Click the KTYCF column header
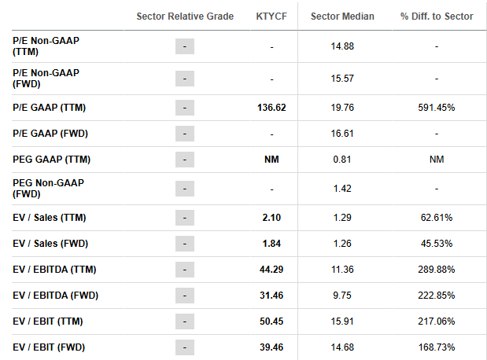pyautogui.click(x=271, y=17)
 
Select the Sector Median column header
pyautogui.click(x=342, y=17)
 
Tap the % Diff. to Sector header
pyautogui.click(x=437, y=17)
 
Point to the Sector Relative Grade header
pyautogui.click(x=185, y=17)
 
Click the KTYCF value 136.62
pyautogui.click(x=271, y=108)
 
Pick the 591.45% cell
pyautogui.click(x=437, y=108)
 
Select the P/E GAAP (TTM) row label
pyautogui.click(x=49, y=108)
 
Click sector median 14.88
pyautogui.click(x=342, y=46)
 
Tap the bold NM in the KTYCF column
pyautogui.click(x=271, y=160)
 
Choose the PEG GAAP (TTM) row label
pyautogui.click(x=52, y=160)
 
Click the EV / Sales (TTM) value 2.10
pyautogui.click(x=271, y=218)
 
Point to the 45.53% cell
pyautogui.click(x=437, y=244)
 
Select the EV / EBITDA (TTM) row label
pyautogui.click(x=54, y=270)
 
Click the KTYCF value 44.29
pyautogui.click(x=271, y=270)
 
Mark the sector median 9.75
pyautogui.click(x=342, y=296)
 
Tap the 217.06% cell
pyautogui.click(x=437, y=321)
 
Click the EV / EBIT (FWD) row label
pyautogui.click(x=49, y=347)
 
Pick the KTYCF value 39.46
pyautogui.click(x=271, y=347)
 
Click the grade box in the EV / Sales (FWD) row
pyautogui.click(x=185, y=244)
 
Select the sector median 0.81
pyautogui.click(x=342, y=160)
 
